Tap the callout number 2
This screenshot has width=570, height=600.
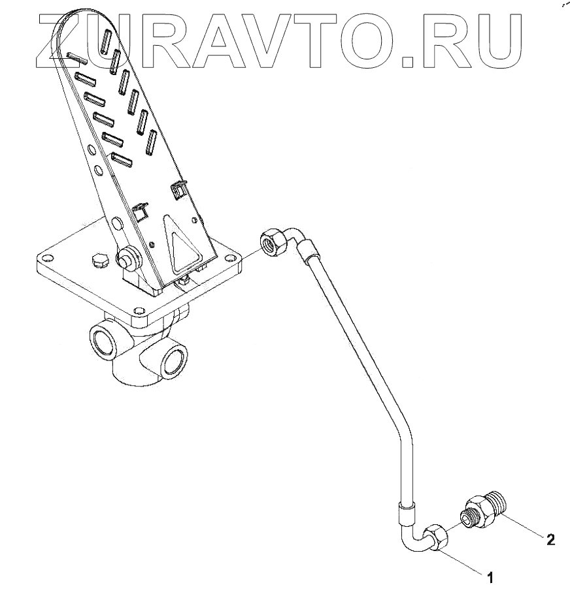pyautogui.click(x=550, y=539)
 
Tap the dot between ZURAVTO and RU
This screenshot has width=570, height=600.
pyautogui.click(x=409, y=63)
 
